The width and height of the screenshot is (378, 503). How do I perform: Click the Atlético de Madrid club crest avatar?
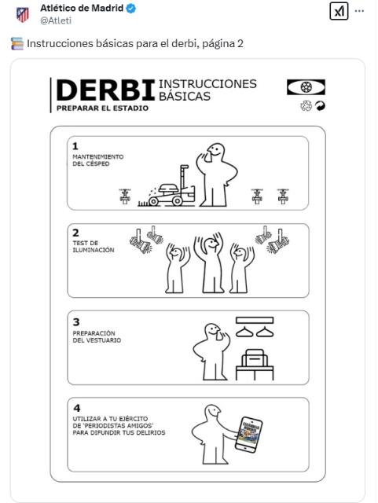(23, 14)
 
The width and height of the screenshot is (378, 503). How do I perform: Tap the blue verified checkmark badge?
(130, 9)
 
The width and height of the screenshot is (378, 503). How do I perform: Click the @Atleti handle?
(56, 20)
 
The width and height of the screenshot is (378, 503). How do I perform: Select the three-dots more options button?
(359, 11)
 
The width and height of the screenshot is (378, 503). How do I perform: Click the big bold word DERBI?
(105, 91)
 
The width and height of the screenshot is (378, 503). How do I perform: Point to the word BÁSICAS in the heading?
(185, 96)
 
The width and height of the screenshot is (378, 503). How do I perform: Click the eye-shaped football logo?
(306, 87)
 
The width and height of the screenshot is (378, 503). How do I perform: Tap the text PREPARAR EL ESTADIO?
(102, 108)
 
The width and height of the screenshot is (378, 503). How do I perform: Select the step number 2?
(75, 233)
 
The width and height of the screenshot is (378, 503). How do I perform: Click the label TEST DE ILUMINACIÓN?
(94, 246)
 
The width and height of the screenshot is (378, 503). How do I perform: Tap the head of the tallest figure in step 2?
(211, 244)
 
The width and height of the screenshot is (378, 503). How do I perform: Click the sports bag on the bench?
(255, 358)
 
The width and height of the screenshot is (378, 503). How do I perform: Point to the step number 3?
(76, 321)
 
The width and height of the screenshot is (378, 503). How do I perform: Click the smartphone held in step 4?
(248, 435)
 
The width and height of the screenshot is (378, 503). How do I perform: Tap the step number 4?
(77, 408)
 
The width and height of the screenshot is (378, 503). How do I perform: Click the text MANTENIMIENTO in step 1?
(98, 157)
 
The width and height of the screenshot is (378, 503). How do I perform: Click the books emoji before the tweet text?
(17, 44)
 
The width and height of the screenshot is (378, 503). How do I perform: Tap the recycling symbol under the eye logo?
(306, 106)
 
